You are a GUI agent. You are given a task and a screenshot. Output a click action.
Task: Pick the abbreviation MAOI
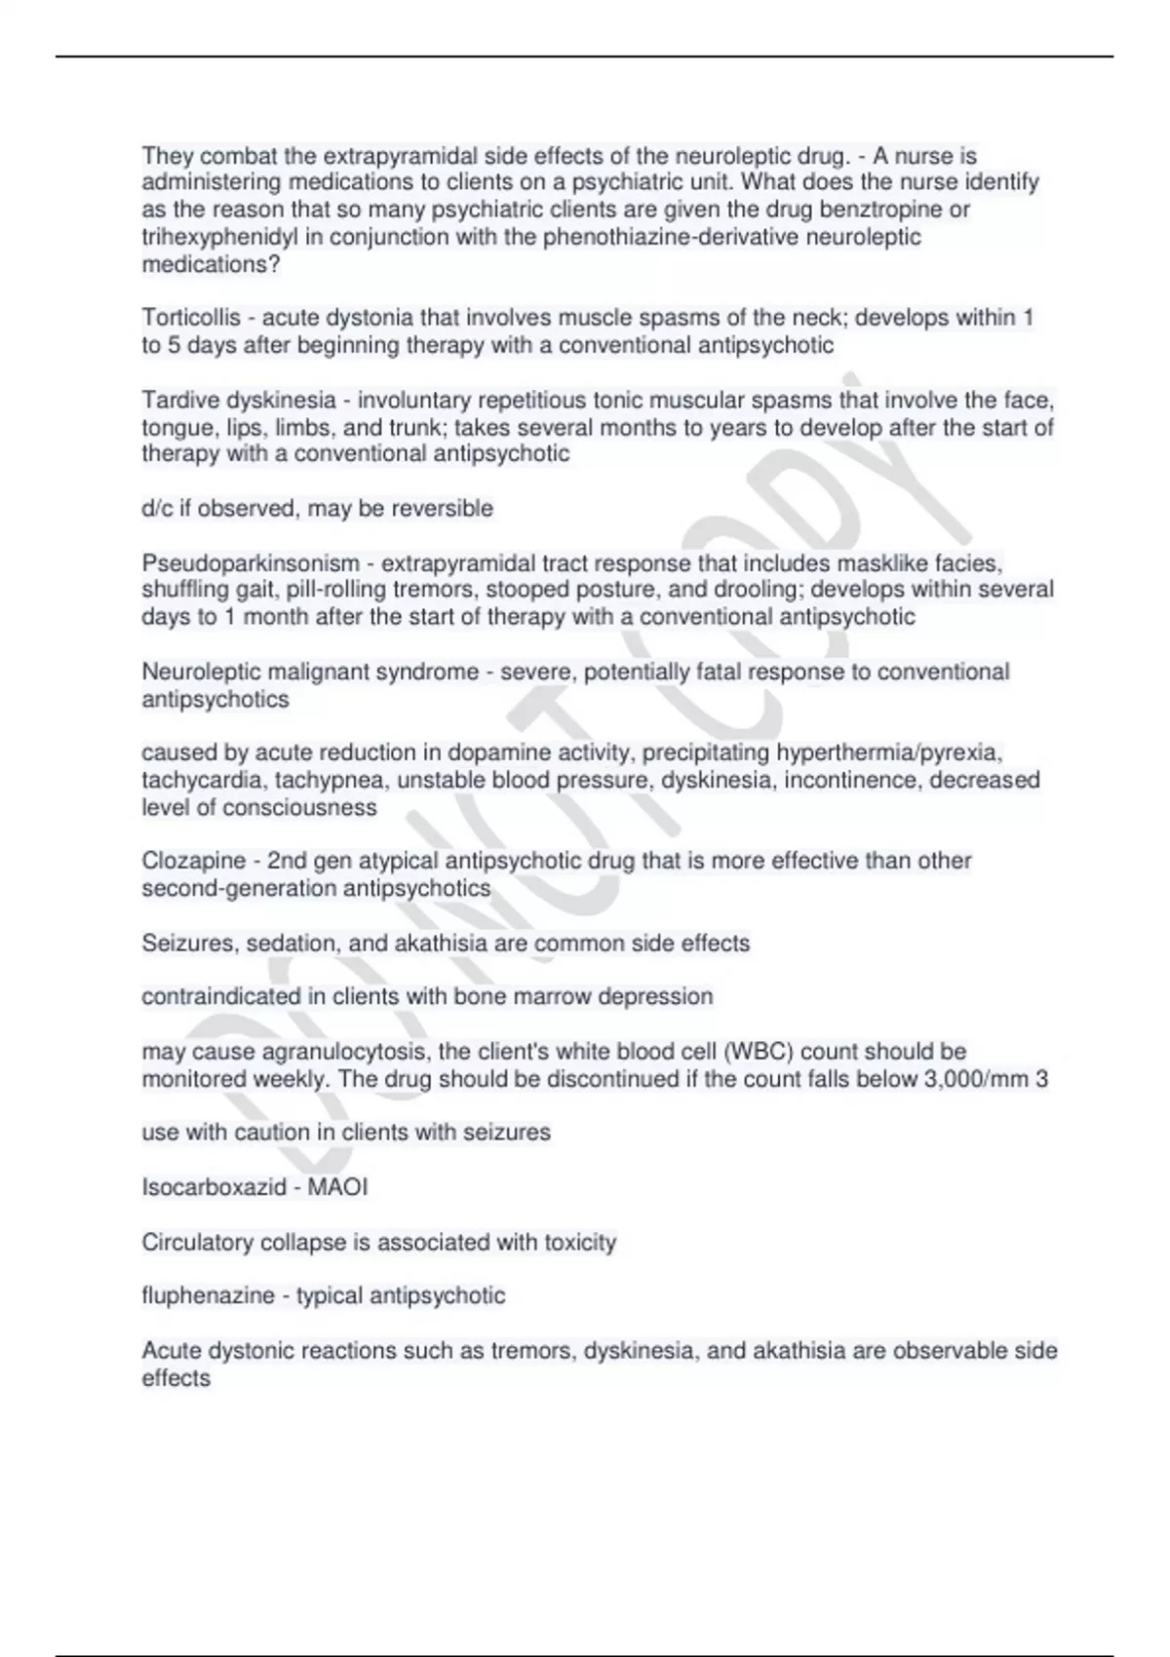click(336, 1187)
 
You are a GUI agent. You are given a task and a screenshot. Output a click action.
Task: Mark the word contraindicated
click(207, 996)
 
